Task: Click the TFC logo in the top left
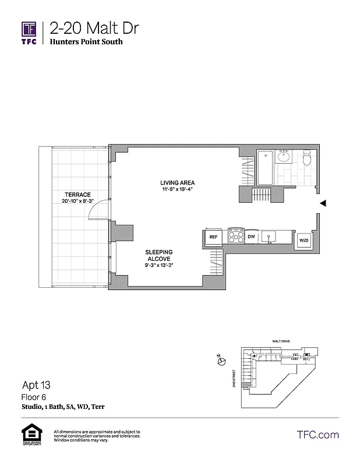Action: pos(29,33)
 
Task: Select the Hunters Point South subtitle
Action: pos(86,42)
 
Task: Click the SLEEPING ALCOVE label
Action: pos(158,255)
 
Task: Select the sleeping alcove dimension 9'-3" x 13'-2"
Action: pos(158,265)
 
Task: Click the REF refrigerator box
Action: pos(213,237)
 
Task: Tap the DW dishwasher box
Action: pos(252,237)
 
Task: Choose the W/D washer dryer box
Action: pos(304,240)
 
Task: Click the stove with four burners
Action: pos(235,235)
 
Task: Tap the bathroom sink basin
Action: pos(284,156)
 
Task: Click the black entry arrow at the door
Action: pos(323,203)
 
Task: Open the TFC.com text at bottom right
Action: pos(318,435)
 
